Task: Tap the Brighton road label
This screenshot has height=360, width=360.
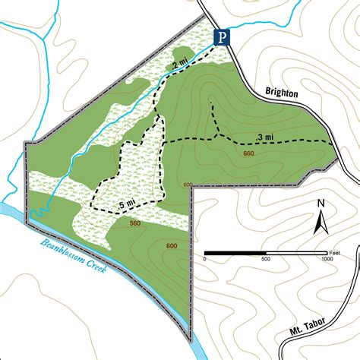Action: (x=282, y=93)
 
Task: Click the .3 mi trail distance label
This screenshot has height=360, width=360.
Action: (x=266, y=137)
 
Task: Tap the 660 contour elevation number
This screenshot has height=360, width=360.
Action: (x=248, y=154)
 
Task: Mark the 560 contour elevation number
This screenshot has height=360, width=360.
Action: (x=135, y=223)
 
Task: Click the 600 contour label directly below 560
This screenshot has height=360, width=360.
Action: (x=172, y=245)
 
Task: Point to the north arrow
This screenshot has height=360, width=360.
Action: (x=321, y=221)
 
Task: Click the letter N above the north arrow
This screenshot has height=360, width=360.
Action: (x=321, y=203)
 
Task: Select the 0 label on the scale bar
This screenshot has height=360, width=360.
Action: (x=204, y=259)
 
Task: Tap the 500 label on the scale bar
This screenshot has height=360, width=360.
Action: (x=266, y=259)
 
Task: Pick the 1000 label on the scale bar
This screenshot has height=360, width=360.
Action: (x=326, y=259)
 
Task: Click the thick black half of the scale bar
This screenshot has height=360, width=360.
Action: (x=235, y=252)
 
